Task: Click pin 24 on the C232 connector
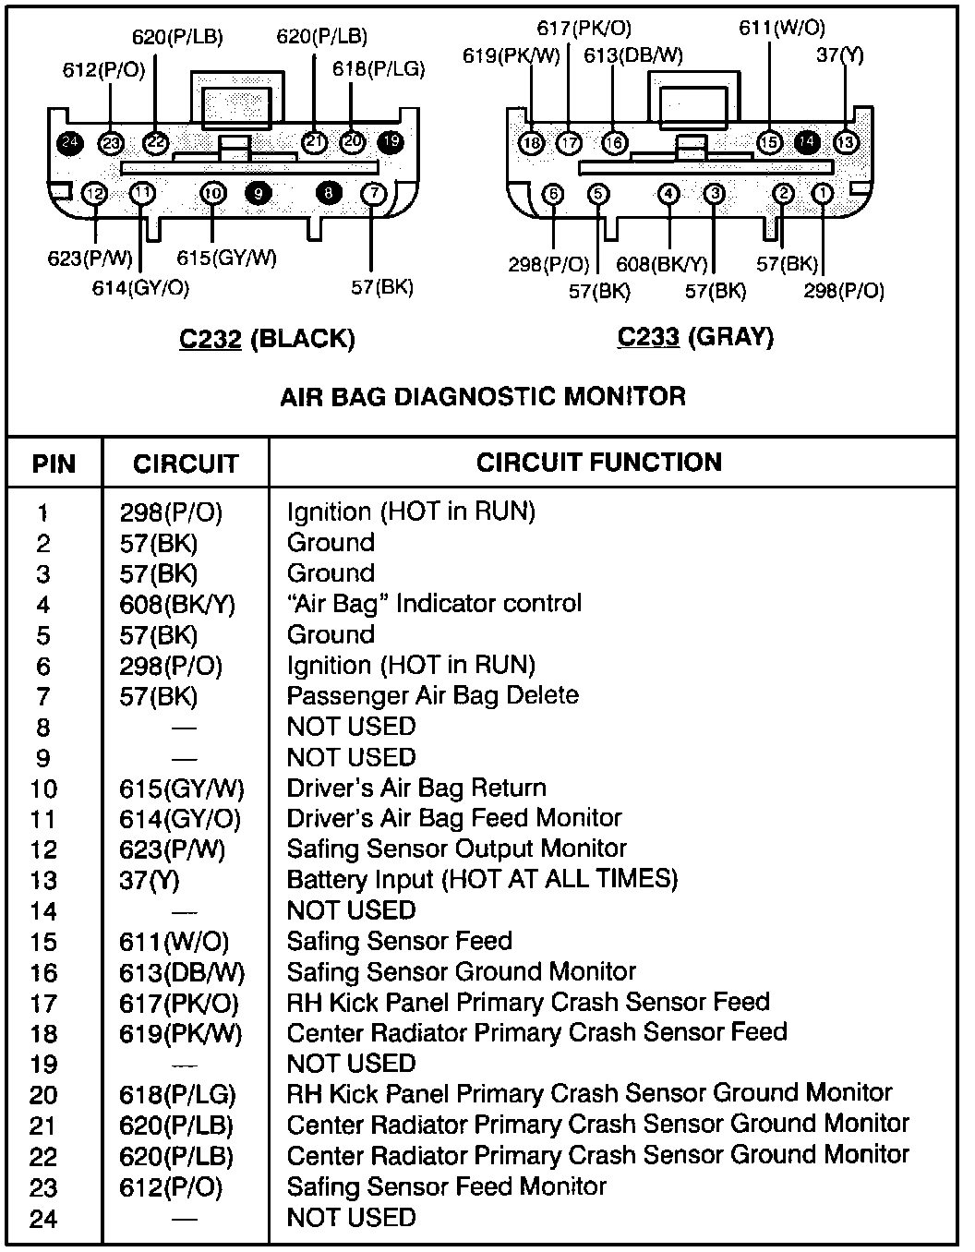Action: click(x=68, y=143)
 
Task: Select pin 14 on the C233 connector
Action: click(x=807, y=141)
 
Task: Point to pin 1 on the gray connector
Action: click(x=821, y=194)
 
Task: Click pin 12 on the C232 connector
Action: click(x=94, y=194)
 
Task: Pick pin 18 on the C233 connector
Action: click(x=531, y=143)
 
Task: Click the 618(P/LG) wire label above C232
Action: click(x=378, y=69)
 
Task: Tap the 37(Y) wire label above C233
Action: click(x=840, y=54)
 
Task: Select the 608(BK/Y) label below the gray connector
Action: click(x=661, y=265)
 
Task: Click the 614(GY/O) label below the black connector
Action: click(x=140, y=288)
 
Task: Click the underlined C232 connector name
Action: click(x=210, y=339)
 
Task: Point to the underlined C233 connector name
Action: click(x=648, y=337)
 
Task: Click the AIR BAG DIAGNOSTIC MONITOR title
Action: click(x=482, y=397)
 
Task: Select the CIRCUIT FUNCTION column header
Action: click(x=598, y=462)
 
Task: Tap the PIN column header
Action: click(x=54, y=463)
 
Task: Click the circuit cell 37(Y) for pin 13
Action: click(x=150, y=881)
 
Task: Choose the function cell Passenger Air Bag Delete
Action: click(x=432, y=695)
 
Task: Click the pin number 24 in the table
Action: click(x=43, y=1220)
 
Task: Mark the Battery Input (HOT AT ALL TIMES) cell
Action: click(x=482, y=879)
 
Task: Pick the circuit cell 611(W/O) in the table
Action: click(x=174, y=942)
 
